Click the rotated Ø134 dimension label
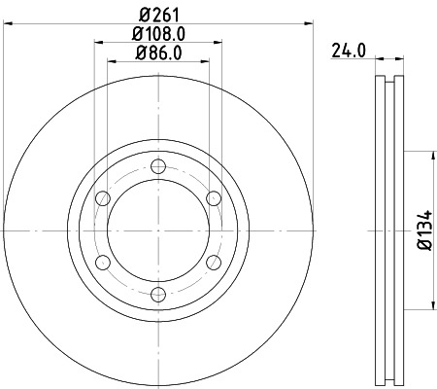pos(424,230)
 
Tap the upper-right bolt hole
pos(214,198)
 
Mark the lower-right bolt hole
pos(214,263)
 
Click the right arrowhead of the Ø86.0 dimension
pos(220,61)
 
